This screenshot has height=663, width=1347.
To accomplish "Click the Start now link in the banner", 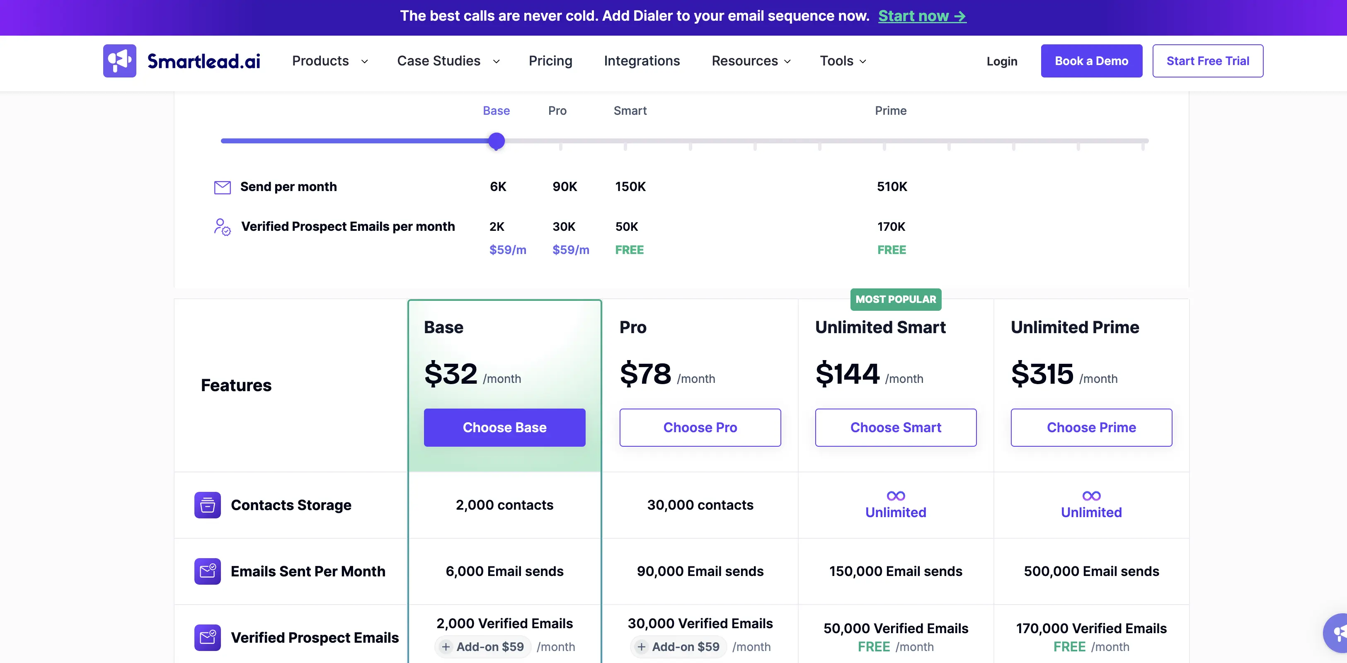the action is pyautogui.click(x=922, y=16).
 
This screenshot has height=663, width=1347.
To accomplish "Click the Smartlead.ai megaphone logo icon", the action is pyautogui.click(x=120, y=60).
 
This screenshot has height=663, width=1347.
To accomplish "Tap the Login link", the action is pyautogui.click(x=1002, y=61).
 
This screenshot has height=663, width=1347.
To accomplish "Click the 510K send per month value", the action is pyautogui.click(x=892, y=186).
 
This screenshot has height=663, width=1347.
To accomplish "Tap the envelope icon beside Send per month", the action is pyautogui.click(x=222, y=187).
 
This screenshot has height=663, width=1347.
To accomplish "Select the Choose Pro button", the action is pyautogui.click(x=700, y=427).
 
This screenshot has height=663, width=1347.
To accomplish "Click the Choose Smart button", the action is pyautogui.click(x=896, y=427).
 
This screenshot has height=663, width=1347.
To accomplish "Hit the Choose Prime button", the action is pyautogui.click(x=1091, y=427).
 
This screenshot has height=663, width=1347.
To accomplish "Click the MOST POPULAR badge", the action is pyautogui.click(x=896, y=299).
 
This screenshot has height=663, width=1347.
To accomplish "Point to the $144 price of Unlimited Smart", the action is pyautogui.click(x=847, y=373).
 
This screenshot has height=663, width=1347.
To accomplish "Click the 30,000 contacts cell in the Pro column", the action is pyautogui.click(x=700, y=505).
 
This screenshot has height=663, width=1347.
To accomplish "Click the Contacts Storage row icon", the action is pyautogui.click(x=208, y=505).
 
